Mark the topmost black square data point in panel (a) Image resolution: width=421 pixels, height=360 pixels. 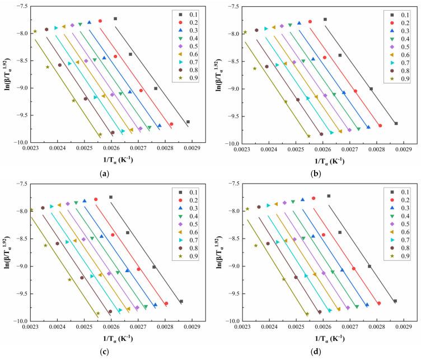tap(115, 18)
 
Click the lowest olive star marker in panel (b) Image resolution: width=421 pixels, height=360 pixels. tap(308, 136)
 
